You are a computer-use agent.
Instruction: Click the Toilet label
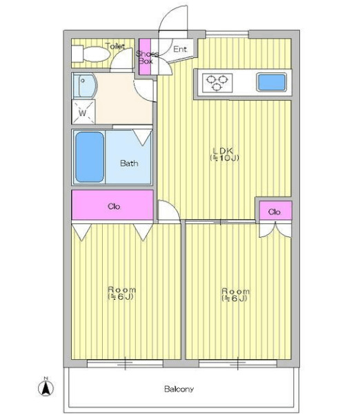coord(115,46)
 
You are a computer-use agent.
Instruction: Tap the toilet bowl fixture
coord(90,54)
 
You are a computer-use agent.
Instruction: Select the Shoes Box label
coord(147,57)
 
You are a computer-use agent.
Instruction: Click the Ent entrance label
coord(180,49)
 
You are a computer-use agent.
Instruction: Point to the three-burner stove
coord(217,83)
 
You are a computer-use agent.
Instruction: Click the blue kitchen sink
coord(272,82)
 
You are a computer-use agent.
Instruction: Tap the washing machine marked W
coord(83,112)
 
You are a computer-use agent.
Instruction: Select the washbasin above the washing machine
coord(84,85)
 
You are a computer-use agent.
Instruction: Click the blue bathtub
coord(90,157)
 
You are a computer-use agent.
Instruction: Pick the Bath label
coord(129,163)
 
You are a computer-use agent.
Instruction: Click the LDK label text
coord(223,151)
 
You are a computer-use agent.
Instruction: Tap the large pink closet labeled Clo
coord(112,205)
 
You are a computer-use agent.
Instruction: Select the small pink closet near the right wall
coord(276,210)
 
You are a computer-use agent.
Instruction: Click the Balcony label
coord(179,389)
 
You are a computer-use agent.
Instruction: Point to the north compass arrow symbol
coord(46,388)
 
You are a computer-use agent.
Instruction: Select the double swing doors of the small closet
coord(275,230)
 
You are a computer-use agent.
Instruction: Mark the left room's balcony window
coord(125,364)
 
